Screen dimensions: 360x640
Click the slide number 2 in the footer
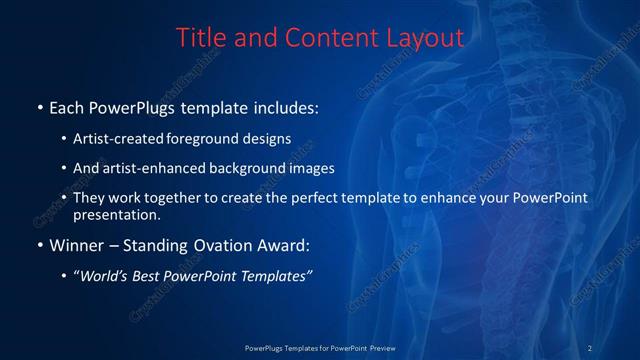tap(590, 347)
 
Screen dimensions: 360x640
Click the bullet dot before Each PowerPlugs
tap(39, 105)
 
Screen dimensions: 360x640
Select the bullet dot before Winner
tap(39, 244)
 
